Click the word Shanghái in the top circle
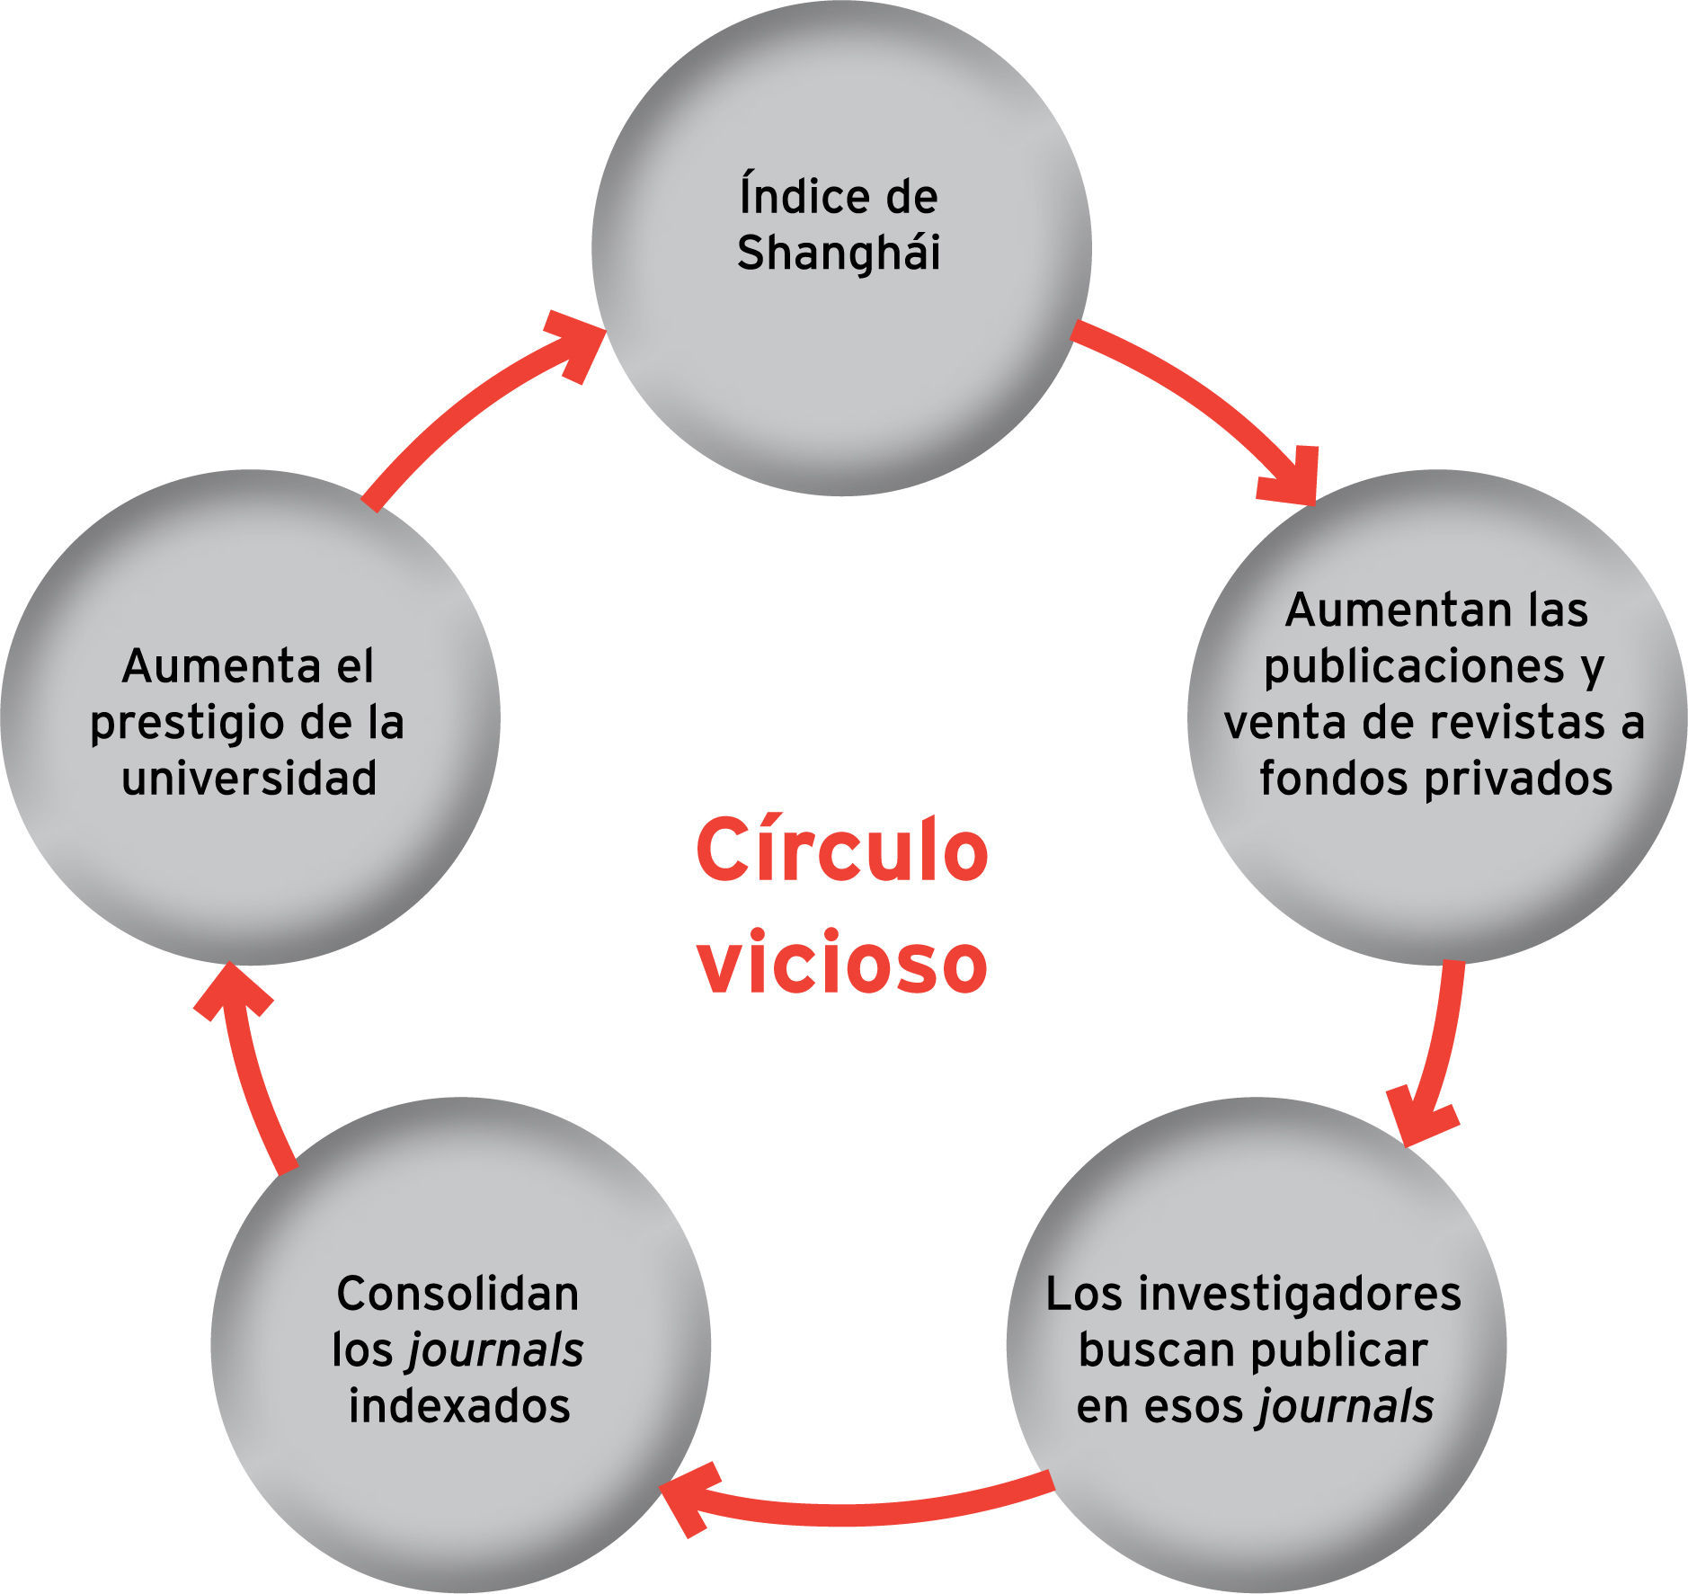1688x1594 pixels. tap(838, 253)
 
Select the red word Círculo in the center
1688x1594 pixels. tap(841, 850)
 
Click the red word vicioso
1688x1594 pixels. tap(841, 964)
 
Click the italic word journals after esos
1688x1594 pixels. tap(1346, 1405)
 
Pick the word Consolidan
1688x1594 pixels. tap(458, 1294)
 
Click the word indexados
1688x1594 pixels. tap(459, 1405)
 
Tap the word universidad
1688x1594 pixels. tap(249, 778)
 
